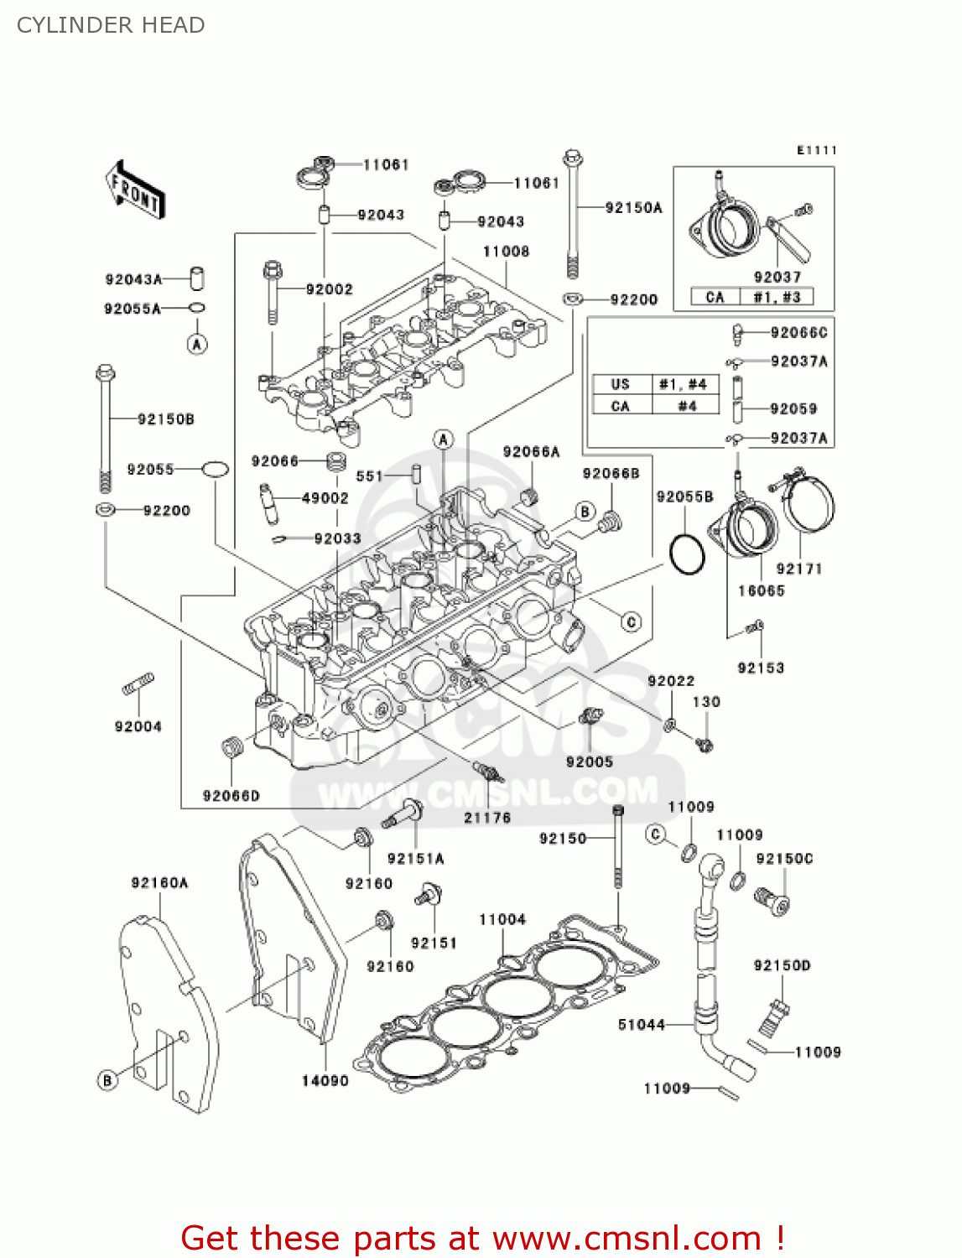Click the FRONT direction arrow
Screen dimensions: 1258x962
(135, 190)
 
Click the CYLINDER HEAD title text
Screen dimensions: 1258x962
(111, 25)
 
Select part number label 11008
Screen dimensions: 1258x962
(506, 251)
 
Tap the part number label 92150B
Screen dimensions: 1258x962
(166, 418)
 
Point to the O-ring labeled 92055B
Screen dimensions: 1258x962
(688, 554)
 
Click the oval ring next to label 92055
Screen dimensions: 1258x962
(215, 469)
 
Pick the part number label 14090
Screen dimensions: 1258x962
(325, 1080)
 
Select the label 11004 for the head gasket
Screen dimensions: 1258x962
(502, 919)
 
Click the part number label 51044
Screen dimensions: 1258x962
(641, 1024)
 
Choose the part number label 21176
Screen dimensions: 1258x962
(487, 817)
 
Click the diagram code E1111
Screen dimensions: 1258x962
(816, 150)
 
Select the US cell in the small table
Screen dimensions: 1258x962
(620, 384)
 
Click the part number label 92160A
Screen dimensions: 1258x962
(159, 882)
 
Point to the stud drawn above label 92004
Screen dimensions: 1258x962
(138, 684)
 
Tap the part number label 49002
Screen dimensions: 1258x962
(325, 497)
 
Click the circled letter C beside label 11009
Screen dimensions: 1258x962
(656, 834)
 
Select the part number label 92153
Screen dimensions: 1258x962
(761, 668)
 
